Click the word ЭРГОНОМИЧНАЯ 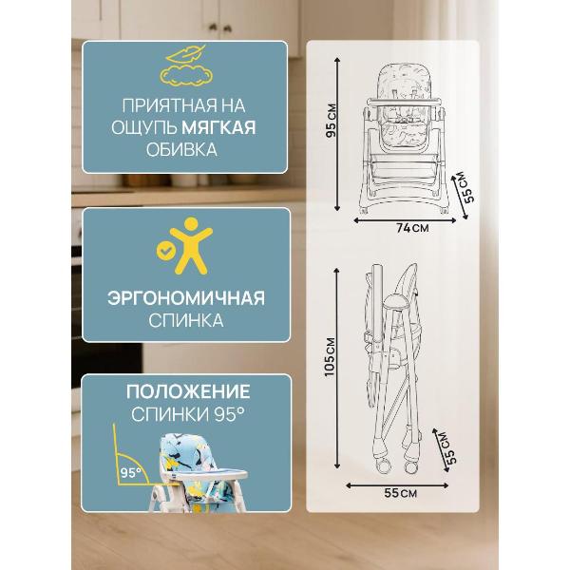point(185,298)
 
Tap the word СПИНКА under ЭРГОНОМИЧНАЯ point(185,321)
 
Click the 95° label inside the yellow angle point(131,471)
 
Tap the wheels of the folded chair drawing point(410,465)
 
